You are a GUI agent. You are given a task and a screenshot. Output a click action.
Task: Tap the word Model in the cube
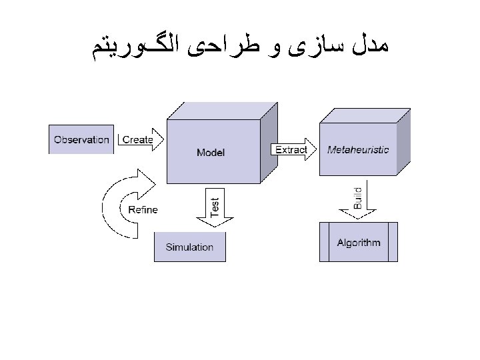tap(211, 153)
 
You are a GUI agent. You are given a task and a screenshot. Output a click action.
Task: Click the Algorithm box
tap(359, 243)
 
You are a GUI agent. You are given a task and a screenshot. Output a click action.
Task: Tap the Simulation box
tap(189, 247)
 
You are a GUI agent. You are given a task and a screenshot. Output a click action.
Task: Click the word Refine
tap(143, 209)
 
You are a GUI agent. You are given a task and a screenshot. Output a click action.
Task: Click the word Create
tap(137, 140)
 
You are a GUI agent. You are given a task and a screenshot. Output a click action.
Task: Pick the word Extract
tap(291, 150)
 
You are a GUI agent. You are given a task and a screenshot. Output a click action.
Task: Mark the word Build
tap(357, 199)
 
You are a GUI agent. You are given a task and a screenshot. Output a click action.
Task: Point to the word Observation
tap(81, 140)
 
